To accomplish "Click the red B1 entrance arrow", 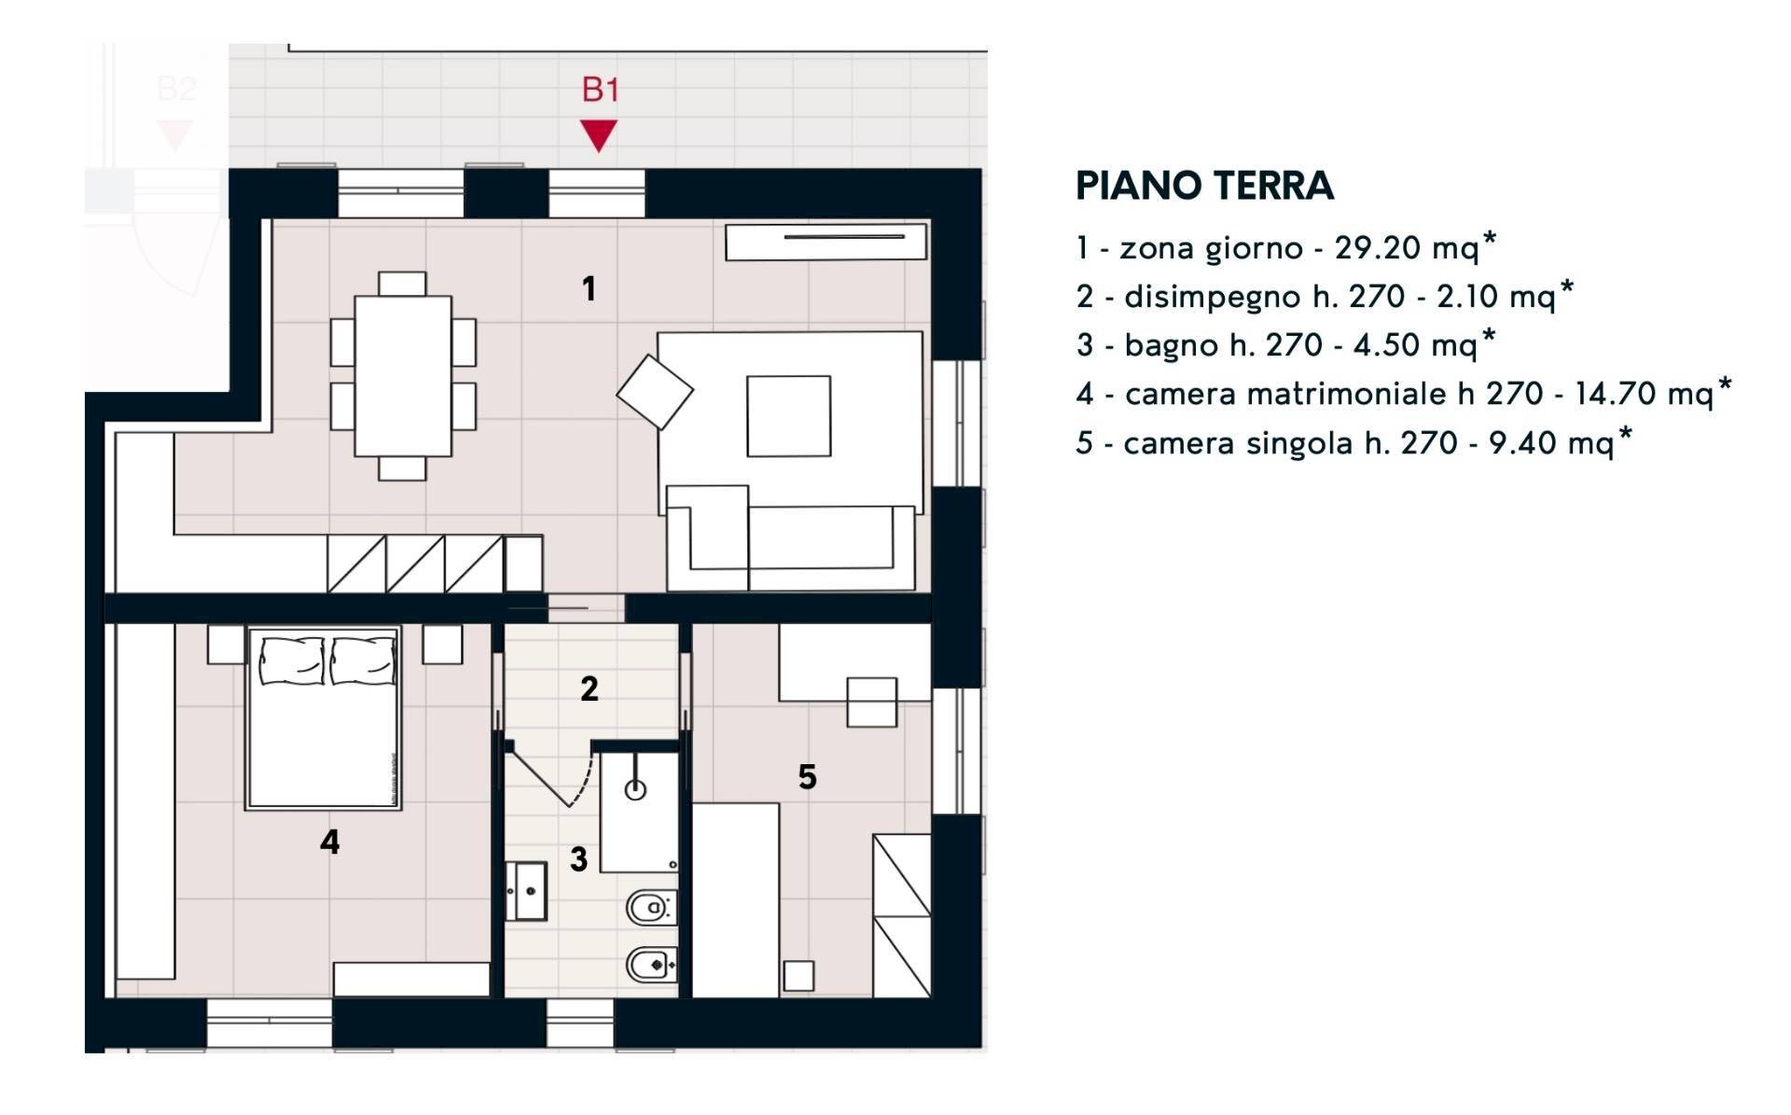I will pyautogui.click(x=598, y=135).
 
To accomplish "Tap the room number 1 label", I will pyautogui.click(x=589, y=288).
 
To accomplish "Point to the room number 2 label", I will pyautogui.click(x=589, y=689).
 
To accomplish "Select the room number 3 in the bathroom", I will pyautogui.click(x=578, y=859).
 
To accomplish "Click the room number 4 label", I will pyautogui.click(x=329, y=842).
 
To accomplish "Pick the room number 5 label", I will pyautogui.click(x=807, y=776).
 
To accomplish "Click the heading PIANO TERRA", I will pyautogui.click(x=1204, y=186).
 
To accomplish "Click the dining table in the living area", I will pyautogui.click(x=403, y=376).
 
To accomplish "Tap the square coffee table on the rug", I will pyautogui.click(x=788, y=416).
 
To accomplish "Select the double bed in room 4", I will pyautogui.click(x=324, y=717).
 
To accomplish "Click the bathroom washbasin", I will pyautogui.click(x=528, y=891).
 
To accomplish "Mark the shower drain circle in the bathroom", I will pyautogui.click(x=635, y=790).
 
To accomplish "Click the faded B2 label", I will pyautogui.click(x=175, y=90).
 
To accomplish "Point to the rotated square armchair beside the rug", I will pyautogui.click(x=655, y=392).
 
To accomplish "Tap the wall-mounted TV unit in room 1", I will pyautogui.click(x=826, y=242).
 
